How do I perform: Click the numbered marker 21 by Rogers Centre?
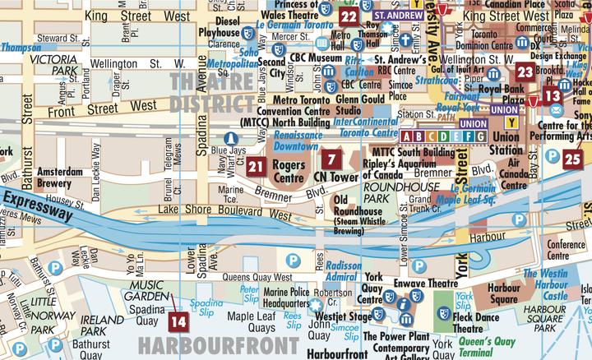coord(256,167)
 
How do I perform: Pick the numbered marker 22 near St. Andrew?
coord(349,16)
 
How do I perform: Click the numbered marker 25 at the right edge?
coord(573,159)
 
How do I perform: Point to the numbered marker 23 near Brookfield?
coord(525,72)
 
